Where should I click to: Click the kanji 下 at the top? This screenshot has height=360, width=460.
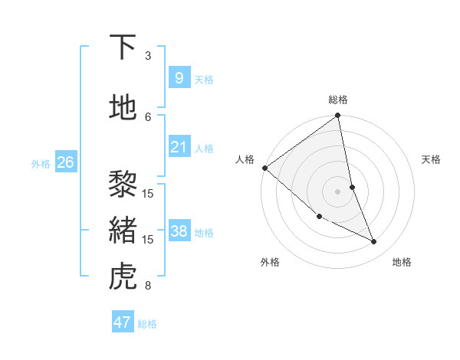123,47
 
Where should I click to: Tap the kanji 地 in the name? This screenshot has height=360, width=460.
123,108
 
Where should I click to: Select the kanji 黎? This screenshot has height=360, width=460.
123,185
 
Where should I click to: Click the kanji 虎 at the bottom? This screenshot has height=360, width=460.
123,277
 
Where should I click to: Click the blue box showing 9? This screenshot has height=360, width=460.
179,77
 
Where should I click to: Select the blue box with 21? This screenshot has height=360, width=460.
179,147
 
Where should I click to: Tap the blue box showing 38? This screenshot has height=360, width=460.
179,231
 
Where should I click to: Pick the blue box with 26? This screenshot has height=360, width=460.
65,162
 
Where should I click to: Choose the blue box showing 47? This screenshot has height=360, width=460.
123,322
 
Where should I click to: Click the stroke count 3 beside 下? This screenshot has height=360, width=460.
148,56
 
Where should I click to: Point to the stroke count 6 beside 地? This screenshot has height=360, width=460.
148,116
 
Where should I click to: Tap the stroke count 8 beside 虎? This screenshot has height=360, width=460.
148,286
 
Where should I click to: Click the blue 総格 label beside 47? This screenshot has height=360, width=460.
147,324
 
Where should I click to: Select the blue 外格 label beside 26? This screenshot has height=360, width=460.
41,163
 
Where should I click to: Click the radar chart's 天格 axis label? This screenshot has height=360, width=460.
431,159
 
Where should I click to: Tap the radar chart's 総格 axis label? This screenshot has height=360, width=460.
338,100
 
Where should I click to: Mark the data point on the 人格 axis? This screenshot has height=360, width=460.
264,168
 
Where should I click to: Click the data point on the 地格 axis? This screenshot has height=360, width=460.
374,242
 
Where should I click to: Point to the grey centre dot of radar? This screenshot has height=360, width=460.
338,191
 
